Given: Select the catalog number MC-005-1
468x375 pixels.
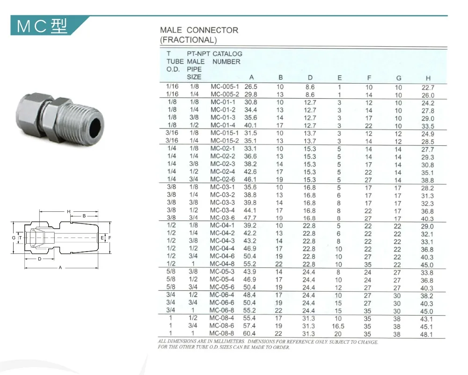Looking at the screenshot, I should (224, 87).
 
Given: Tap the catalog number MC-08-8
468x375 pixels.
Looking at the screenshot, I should (223, 333).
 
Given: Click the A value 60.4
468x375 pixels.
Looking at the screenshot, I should (250, 333).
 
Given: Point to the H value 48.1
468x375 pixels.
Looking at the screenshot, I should (427, 334).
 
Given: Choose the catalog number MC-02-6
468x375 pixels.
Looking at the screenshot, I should (223, 180).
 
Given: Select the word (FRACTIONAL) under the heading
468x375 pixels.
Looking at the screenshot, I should (189, 40).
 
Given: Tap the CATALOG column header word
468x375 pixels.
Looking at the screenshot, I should (227, 54).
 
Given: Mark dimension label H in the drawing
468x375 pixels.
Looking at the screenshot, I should (68, 211).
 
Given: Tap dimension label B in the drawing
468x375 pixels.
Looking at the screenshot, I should (84, 216).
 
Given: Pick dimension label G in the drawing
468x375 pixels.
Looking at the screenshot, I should (14, 238).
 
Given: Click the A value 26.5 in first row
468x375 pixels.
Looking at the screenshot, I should (251, 87).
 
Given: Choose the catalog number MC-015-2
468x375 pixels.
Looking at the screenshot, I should (224, 141).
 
